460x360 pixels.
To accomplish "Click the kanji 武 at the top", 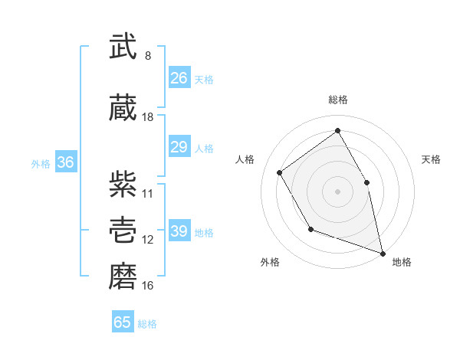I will [123, 47].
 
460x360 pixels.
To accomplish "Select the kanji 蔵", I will [123, 109].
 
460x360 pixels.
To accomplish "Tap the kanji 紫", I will [123, 185].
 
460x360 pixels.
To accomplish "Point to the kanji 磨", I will [123, 277].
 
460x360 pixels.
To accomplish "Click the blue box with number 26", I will [179, 78].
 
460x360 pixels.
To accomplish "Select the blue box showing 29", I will [179, 147].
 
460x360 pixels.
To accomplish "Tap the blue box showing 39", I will [179, 231].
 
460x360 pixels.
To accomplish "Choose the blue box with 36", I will [65, 162].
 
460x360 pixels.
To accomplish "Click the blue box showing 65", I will [123, 322].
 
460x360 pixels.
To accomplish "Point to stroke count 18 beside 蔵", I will [148, 117].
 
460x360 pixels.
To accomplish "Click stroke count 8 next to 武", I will [148, 56].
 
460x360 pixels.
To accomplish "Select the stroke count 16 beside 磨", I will [148, 286].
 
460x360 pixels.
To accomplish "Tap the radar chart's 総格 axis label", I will [338, 100].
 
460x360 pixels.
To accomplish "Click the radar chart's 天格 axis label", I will [432, 159].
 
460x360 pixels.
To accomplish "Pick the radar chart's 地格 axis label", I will [402, 262].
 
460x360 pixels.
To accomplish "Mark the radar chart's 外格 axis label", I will [270, 262].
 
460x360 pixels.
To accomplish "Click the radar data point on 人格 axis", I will [280, 172].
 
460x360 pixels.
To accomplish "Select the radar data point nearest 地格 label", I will [383, 251].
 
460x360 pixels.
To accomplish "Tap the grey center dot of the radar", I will [337, 191].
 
